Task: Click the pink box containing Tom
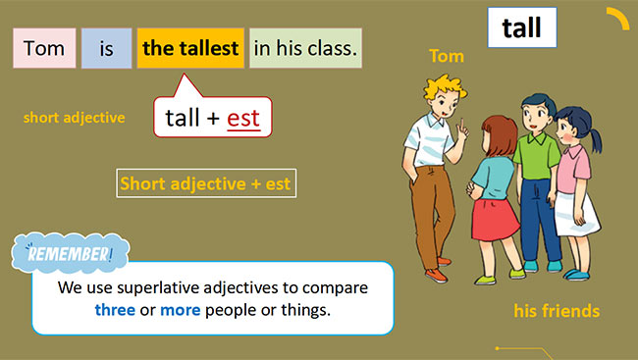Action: tap(44, 48)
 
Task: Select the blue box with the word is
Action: tap(106, 48)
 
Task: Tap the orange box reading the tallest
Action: tap(190, 48)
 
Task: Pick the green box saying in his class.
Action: tap(305, 48)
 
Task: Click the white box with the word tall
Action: tap(521, 28)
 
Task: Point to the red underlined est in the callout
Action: tap(242, 119)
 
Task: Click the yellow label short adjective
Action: tap(75, 118)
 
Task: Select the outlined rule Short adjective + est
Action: tap(206, 183)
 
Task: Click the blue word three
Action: tap(115, 311)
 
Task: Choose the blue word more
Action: tap(181, 311)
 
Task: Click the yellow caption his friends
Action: tap(557, 312)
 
